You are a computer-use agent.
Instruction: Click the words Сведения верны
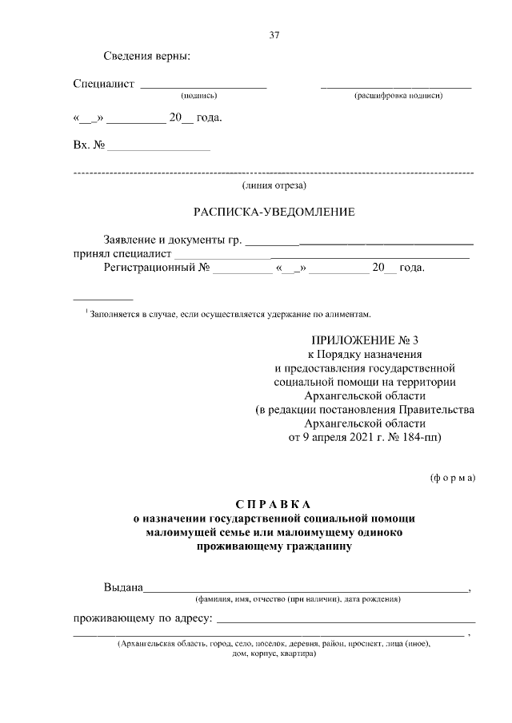146,57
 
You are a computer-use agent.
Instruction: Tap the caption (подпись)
199,96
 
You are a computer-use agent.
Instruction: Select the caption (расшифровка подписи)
398,96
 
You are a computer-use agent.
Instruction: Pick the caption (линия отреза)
274,185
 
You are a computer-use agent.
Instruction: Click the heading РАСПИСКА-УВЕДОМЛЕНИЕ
274,213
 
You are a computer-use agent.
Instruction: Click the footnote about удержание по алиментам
231,314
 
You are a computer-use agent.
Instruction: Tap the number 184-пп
423,437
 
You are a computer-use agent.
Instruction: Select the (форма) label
453,478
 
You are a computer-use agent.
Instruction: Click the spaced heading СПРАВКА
274,504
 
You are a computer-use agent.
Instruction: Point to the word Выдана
122,588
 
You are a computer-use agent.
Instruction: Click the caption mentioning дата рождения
297,599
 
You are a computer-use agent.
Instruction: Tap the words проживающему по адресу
142,618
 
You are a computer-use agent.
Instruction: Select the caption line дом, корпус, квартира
274,653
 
